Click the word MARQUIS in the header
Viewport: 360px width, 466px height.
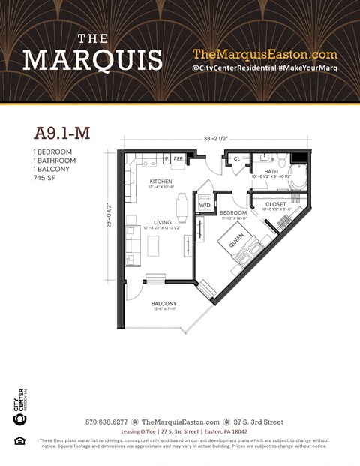(x=92, y=59)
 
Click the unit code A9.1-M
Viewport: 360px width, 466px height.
(x=61, y=134)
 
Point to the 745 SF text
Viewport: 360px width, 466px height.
(x=43, y=179)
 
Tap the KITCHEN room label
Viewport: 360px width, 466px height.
(x=160, y=182)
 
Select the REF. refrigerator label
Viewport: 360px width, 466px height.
(x=178, y=159)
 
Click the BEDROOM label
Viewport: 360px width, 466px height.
(x=233, y=213)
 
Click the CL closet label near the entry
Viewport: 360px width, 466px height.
(x=236, y=158)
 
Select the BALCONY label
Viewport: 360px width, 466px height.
(x=163, y=304)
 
